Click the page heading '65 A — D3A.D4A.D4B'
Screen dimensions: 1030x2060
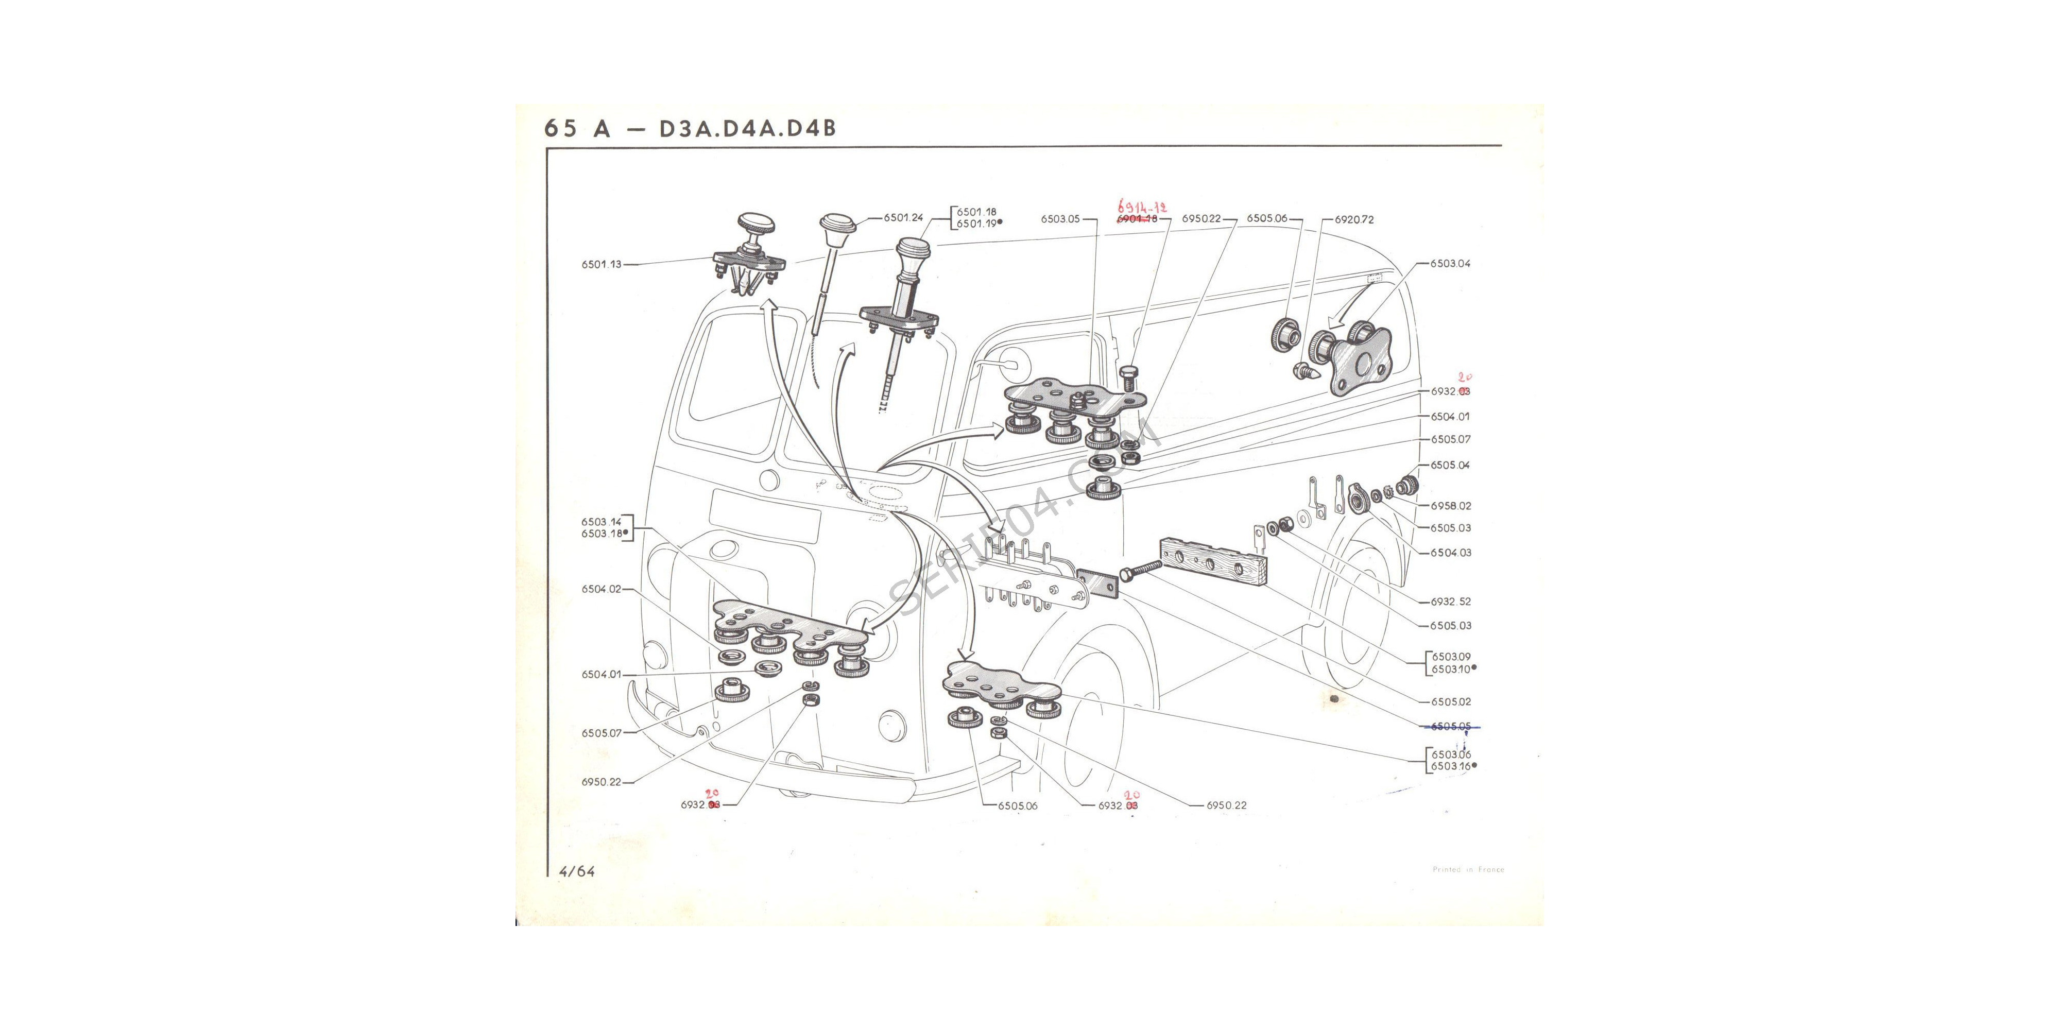pos(690,128)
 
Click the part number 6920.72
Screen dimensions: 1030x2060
pos(1354,219)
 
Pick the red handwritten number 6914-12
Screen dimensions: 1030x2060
pos(1141,207)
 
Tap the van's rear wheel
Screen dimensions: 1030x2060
pos(1351,608)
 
